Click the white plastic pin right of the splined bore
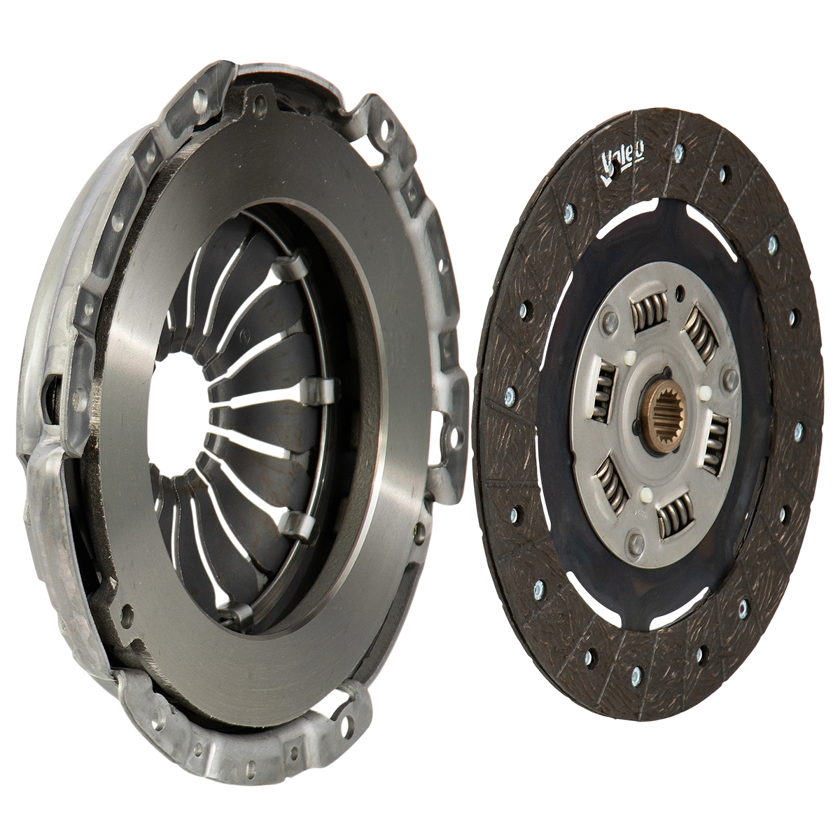pyautogui.click(x=702, y=393)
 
